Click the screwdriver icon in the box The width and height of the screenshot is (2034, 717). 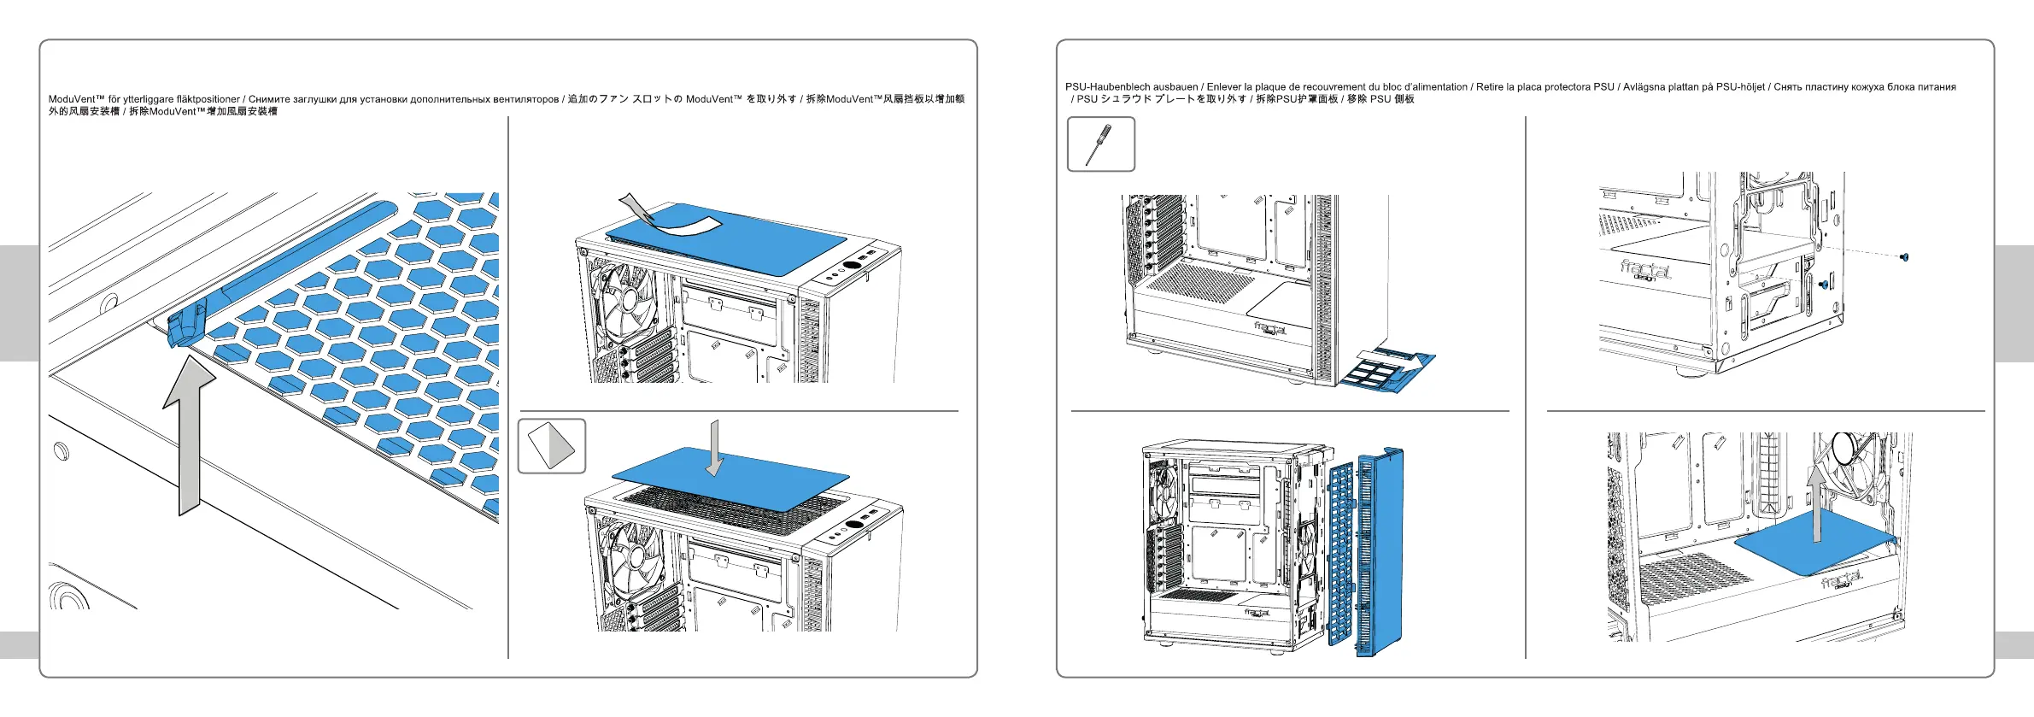tap(1099, 144)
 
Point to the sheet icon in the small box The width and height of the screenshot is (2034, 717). tap(551, 445)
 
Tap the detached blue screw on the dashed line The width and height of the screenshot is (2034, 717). tap(1904, 256)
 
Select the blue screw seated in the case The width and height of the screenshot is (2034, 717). tap(1824, 285)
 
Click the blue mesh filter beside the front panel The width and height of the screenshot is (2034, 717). tap(1341, 555)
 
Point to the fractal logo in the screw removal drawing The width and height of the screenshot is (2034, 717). tap(1644, 270)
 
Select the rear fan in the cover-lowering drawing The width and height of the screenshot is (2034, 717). tap(632, 555)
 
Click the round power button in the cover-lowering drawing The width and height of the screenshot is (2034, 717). tap(853, 525)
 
